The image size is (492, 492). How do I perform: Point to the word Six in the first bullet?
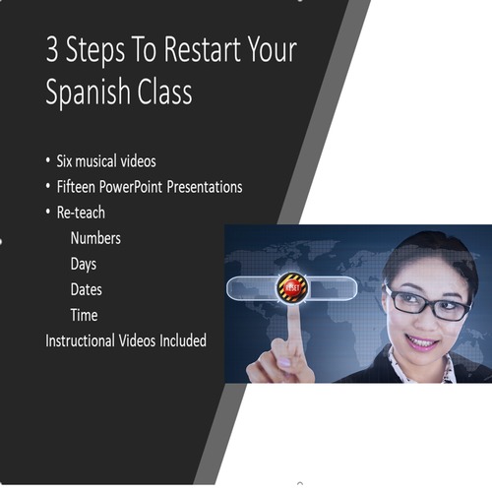tap(68, 161)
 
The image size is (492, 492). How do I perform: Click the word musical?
tap(106, 161)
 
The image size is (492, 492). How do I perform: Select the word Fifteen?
tap(81, 187)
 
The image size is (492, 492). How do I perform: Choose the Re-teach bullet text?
tap(82, 213)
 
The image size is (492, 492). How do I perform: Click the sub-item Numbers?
tap(95, 238)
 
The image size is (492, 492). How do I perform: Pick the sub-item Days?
tap(84, 264)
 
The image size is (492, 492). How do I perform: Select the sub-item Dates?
tap(86, 289)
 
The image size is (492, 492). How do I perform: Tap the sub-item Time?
tap(84, 315)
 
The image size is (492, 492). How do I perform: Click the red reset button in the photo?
tap(292, 286)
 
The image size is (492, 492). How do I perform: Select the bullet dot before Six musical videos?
tap(49, 161)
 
